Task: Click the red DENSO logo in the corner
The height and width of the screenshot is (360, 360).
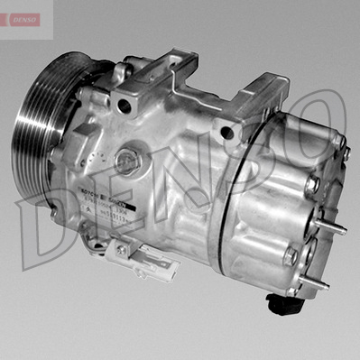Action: [x=21, y=19]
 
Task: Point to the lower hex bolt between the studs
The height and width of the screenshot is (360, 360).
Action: [x=291, y=256]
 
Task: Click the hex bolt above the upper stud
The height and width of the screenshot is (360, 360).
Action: [x=312, y=186]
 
